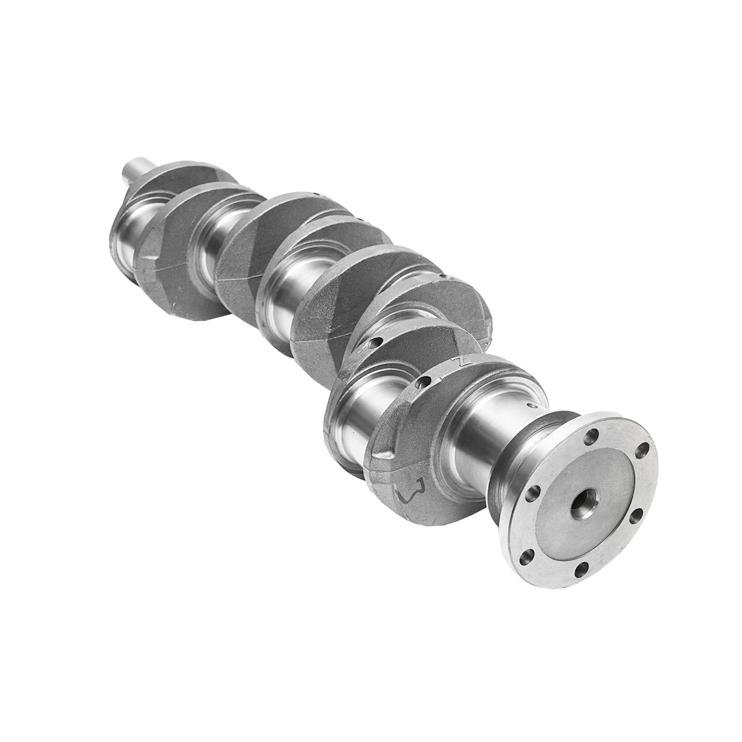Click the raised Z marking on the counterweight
[x=458, y=360]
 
